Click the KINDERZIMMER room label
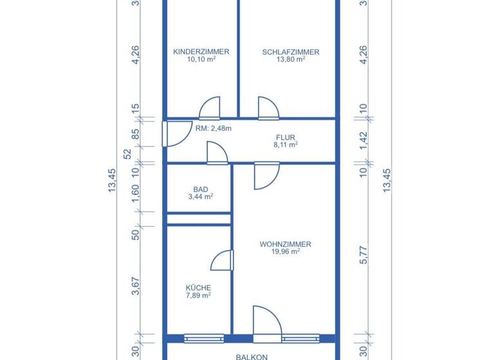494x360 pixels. point(201,52)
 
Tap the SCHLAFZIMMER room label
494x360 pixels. point(290,52)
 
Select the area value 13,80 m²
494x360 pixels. point(290,59)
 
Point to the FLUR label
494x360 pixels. point(285,138)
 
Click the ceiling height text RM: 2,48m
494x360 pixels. point(213,129)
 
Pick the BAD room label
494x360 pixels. point(201,190)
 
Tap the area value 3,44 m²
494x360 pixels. point(201,197)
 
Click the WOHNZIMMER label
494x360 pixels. point(286,244)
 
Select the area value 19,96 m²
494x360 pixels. point(286,251)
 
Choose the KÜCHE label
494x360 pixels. point(198,288)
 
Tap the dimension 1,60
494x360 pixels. point(136,192)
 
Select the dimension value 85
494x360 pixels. point(136,135)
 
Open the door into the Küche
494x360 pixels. point(222,260)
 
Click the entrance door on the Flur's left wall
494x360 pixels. point(174,133)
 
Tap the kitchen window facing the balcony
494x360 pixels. point(204,337)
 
